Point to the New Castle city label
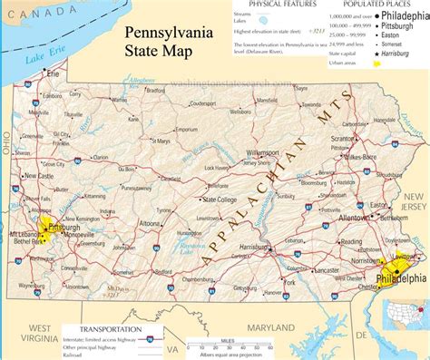click(x=38, y=176)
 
